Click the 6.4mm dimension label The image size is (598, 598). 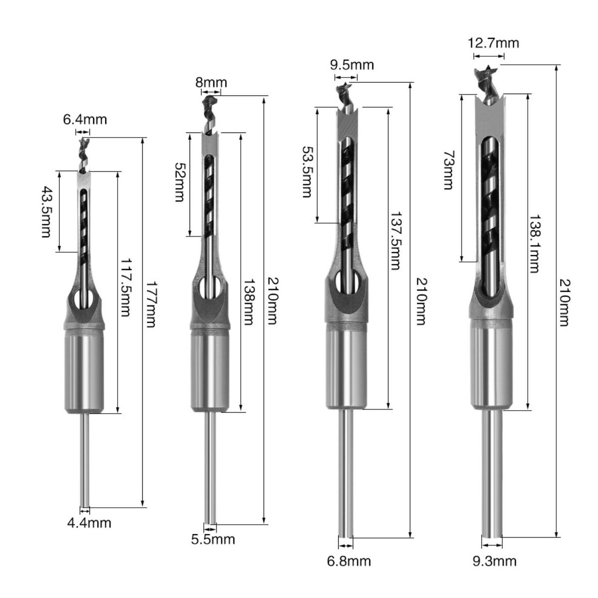(85, 120)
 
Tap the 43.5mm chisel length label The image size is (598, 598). (46, 212)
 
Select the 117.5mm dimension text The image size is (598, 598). (125, 288)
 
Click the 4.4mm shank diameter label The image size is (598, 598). (89, 523)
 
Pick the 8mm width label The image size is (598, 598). (211, 83)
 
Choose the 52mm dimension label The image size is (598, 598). (180, 182)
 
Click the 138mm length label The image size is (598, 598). (248, 301)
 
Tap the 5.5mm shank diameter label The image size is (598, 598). (213, 539)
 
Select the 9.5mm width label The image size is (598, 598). (352, 65)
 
